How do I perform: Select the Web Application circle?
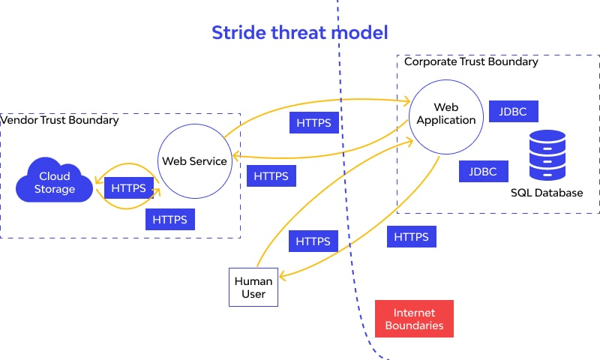(x=446, y=113)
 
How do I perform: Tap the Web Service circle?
(x=194, y=161)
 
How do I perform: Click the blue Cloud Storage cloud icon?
(x=55, y=182)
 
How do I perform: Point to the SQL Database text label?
(x=547, y=193)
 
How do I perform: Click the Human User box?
(x=253, y=287)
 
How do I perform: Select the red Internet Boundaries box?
(x=414, y=319)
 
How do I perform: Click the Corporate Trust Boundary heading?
(x=471, y=61)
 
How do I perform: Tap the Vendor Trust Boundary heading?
(x=60, y=120)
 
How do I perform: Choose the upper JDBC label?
(x=513, y=112)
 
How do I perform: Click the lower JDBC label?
(x=483, y=171)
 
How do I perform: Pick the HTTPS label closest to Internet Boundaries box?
(x=411, y=237)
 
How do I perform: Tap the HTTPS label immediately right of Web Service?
(x=271, y=176)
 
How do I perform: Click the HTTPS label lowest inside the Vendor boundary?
(x=170, y=220)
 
